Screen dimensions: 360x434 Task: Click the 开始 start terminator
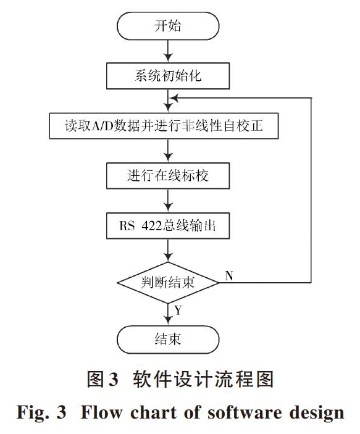pyautogui.click(x=168, y=26)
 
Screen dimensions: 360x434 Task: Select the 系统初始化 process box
pyautogui.click(x=168, y=76)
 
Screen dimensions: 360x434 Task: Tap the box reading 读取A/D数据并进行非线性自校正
pyautogui.click(x=164, y=126)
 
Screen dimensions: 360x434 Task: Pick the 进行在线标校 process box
pyautogui.click(x=168, y=176)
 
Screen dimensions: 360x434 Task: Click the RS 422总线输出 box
pyautogui.click(x=168, y=225)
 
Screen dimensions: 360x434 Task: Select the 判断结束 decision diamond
pyautogui.click(x=168, y=283)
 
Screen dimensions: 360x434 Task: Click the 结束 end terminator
pyautogui.click(x=168, y=340)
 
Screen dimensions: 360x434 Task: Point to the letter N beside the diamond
pyautogui.click(x=229, y=276)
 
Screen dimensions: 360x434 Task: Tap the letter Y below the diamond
pyautogui.click(x=178, y=311)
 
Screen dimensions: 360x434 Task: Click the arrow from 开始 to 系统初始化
pyautogui.click(x=168, y=51)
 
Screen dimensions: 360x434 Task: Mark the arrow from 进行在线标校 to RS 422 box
pyautogui.click(x=168, y=201)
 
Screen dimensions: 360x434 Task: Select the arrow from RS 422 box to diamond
pyautogui.click(x=168, y=251)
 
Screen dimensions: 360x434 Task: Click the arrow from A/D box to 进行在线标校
pyautogui.click(x=168, y=151)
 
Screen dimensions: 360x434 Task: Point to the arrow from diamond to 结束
pyautogui.click(x=168, y=314)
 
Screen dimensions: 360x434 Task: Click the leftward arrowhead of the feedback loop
pyautogui.click(x=174, y=98)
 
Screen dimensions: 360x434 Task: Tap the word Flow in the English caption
pyautogui.click(x=101, y=412)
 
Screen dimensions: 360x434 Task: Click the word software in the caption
pyautogui.click(x=245, y=412)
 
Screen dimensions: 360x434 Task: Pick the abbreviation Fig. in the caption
pyautogui.click(x=33, y=413)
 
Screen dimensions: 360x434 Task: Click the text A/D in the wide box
pyautogui.click(x=103, y=126)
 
